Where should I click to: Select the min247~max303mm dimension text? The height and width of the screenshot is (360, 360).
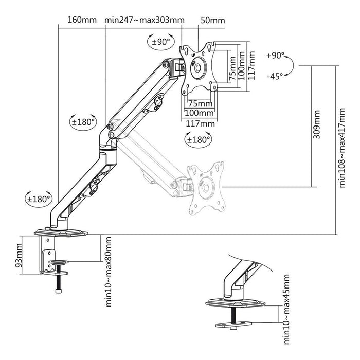[x=144, y=21]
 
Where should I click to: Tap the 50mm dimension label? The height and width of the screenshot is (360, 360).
[x=212, y=21]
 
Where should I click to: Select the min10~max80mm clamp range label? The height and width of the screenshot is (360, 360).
[x=109, y=272]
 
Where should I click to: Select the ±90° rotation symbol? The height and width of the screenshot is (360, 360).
[x=159, y=42]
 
